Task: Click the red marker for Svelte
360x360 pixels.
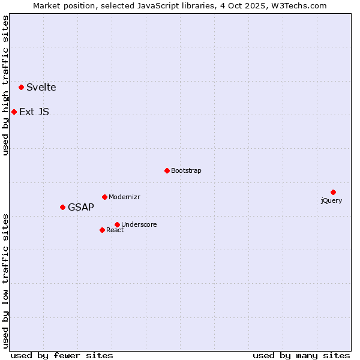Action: [22, 87]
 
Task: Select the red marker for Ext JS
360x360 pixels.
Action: [14, 112]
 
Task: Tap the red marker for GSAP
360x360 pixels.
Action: [62, 207]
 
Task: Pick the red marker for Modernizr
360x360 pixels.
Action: [104, 197]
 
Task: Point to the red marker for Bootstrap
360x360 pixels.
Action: [167, 170]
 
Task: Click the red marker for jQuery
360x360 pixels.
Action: [333, 192]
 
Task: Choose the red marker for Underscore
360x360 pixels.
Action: [117, 224]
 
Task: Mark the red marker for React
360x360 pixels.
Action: [102, 230]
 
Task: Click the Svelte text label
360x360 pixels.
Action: [41, 88]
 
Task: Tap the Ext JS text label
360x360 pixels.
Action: [34, 112]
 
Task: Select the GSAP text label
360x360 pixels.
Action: [81, 208]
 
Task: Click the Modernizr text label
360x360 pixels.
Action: [124, 197]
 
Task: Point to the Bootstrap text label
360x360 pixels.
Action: [186, 171]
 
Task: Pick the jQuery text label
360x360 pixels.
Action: [331, 200]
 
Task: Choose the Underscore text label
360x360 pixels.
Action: [139, 225]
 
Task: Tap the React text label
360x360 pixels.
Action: [115, 230]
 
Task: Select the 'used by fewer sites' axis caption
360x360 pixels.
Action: [62, 355]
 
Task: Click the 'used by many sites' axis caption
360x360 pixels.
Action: [301, 355]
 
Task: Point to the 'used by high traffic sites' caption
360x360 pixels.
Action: [6, 85]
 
